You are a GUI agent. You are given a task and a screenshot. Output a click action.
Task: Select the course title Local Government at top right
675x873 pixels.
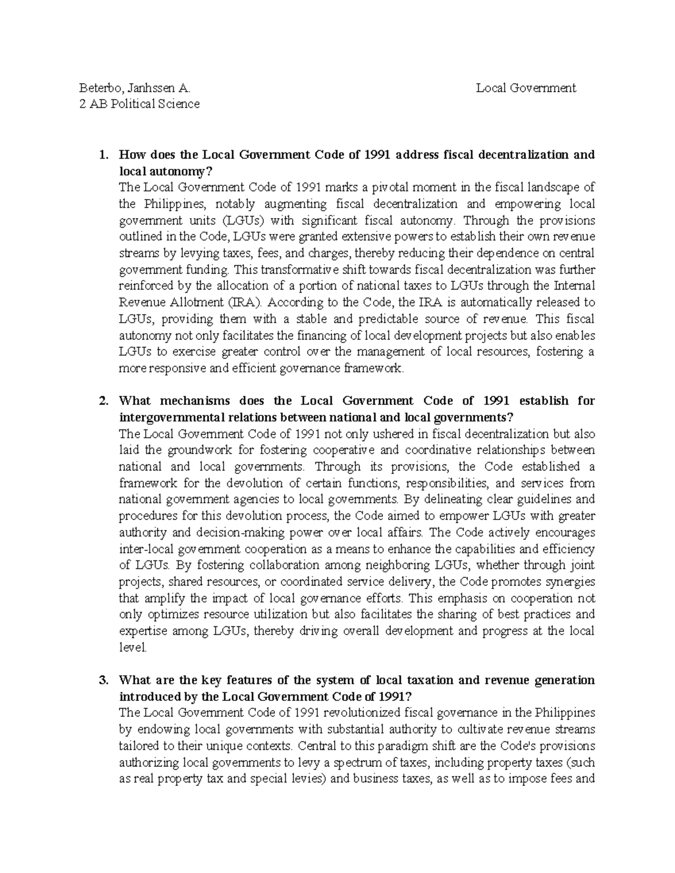point(526,88)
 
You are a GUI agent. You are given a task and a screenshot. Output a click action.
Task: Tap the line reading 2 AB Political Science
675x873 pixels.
point(139,104)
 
